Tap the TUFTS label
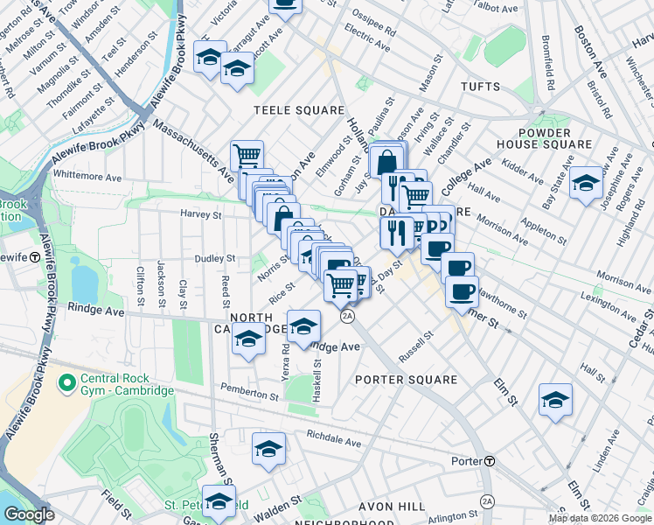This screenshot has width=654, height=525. pyautogui.click(x=480, y=87)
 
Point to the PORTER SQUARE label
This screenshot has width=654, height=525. pyautogui.click(x=407, y=380)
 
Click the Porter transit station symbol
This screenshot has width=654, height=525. pyautogui.click(x=491, y=461)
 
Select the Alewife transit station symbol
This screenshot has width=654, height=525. pyautogui.click(x=33, y=257)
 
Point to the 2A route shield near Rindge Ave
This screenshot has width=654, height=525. pyautogui.click(x=348, y=316)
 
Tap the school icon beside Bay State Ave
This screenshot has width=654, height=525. pyautogui.click(x=587, y=183)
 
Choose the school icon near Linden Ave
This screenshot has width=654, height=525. pyautogui.click(x=555, y=401)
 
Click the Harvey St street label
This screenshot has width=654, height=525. pyautogui.click(x=201, y=213)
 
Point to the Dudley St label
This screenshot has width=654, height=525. pyautogui.click(x=216, y=258)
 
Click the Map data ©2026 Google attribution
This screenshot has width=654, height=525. pyautogui.click(x=600, y=518)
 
